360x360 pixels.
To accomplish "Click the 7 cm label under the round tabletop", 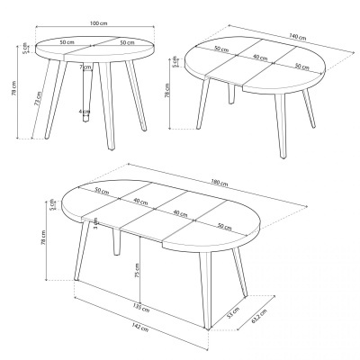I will tap(83, 67).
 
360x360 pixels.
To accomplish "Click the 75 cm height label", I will tap(135, 270).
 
